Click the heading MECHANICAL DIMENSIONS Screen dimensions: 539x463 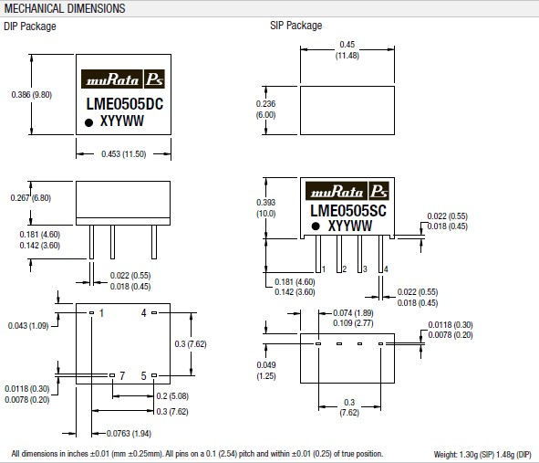point(65,8)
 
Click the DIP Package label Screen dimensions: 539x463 point(30,26)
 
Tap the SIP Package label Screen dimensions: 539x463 point(296,26)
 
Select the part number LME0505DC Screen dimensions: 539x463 point(124,104)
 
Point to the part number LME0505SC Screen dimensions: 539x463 point(348,211)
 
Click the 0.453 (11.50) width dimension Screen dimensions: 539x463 point(124,153)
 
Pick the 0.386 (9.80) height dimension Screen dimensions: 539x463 point(32,95)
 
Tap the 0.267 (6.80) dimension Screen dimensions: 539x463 point(31,198)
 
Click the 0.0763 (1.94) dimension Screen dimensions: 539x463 point(129,434)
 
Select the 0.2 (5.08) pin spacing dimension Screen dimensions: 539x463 point(172,396)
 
